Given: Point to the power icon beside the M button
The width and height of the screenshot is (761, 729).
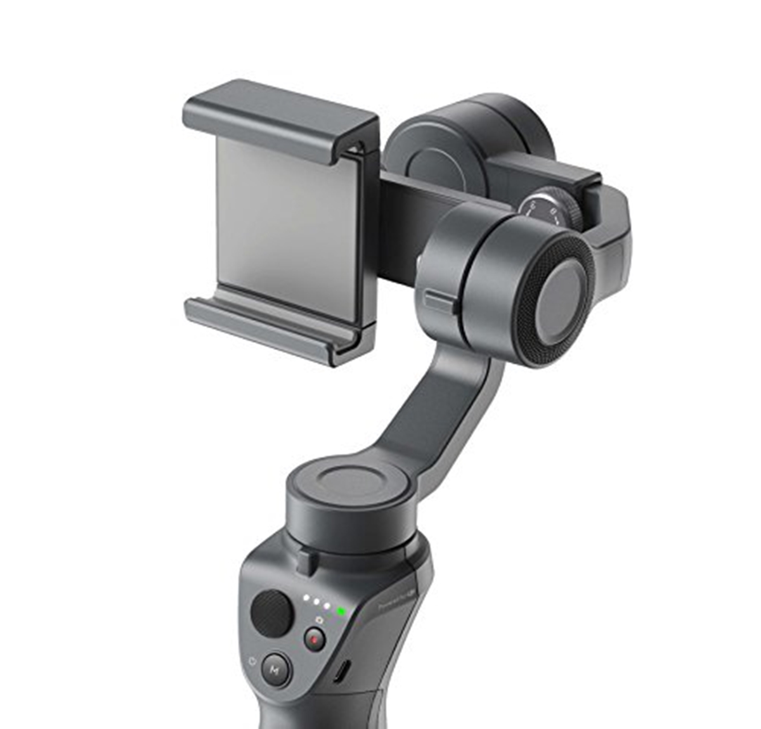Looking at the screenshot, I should click(x=253, y=661).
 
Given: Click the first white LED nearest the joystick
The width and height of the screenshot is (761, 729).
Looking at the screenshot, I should click(x=306, y=597).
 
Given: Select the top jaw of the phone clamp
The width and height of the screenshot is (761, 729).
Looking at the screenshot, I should click(x=279, y=120).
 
